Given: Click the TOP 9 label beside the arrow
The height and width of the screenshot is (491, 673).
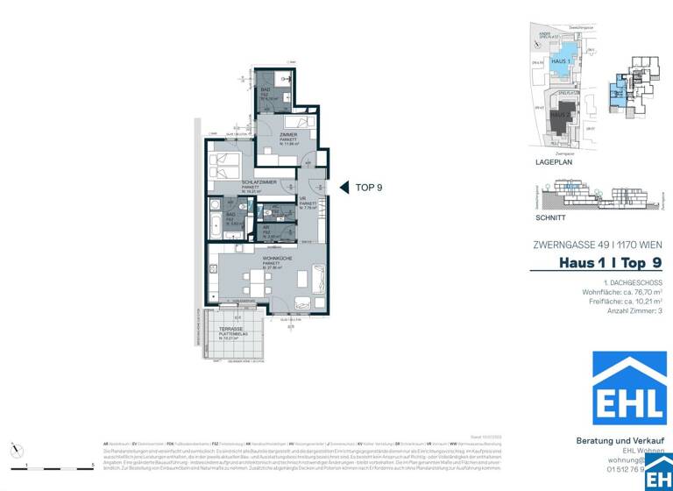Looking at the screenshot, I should [368, 187].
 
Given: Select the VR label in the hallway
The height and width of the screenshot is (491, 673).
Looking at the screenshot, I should [302, 199].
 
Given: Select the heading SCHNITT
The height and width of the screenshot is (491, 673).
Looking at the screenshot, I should [549, 217].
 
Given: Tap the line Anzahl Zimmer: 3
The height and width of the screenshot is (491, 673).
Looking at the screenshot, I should [634, 311].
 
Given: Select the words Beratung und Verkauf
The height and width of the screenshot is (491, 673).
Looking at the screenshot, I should [617, 440].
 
